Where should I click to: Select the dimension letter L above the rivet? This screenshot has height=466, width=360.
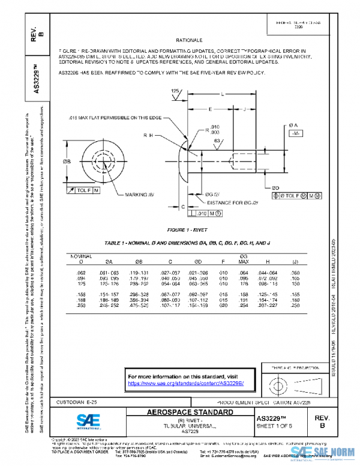223,95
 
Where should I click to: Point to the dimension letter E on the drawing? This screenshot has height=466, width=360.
209,109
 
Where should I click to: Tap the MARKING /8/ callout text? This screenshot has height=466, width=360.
139,195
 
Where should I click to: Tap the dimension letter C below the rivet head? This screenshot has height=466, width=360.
182,206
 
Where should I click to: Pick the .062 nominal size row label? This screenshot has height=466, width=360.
82,273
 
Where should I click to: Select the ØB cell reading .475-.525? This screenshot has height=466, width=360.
139,306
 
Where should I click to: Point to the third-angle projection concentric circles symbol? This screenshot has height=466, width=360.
278,382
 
